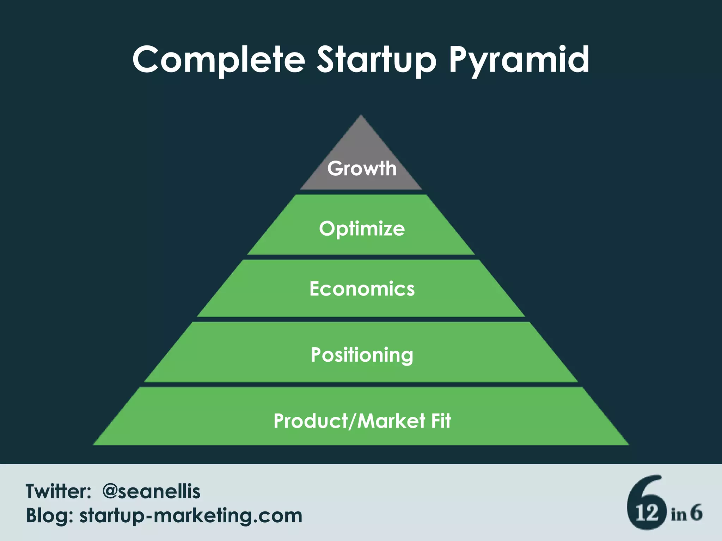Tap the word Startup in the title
[376, 60]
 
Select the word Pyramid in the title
[519, 60]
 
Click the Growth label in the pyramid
[362, 168]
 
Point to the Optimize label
[362, 229]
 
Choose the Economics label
[362, 289]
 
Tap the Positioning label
[362, 355]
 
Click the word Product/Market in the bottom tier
[349, 421]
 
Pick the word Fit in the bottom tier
[441, 421]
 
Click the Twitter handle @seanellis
[151, 491]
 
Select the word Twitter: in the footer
[59, 491]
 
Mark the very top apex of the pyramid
[361, 116]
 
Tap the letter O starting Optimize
[326, 228]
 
